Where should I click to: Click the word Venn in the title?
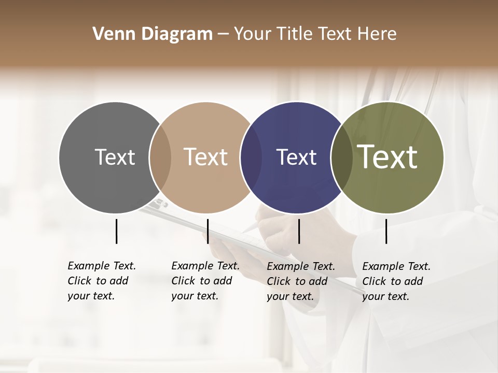point(110,34)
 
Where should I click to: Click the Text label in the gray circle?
point(115,157)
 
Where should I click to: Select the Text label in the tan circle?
point(205,157)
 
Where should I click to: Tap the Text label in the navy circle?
point(296,157)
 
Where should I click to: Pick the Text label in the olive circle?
point(388,157)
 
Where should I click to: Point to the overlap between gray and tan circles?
point(160,157)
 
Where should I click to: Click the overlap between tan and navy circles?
point(251,157)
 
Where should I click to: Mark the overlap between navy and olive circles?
point(341,157)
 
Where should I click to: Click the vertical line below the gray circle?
point(116,231)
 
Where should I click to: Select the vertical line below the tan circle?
point(208,231)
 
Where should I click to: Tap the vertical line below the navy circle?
point(299,231)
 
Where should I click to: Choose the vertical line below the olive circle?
point(386,231)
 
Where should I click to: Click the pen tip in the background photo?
point(248,230)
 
